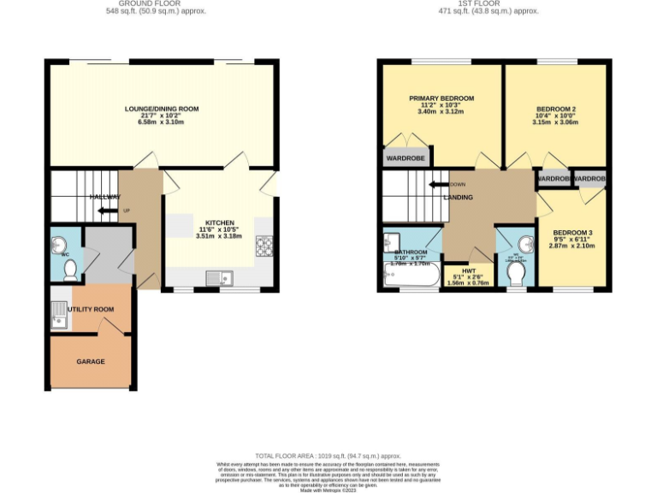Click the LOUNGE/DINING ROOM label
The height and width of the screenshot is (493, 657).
(162, 109)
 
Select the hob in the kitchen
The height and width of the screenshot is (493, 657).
(263, 246)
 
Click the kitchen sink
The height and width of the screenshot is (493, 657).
(219, 276)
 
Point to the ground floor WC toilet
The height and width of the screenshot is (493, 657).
(71, 270)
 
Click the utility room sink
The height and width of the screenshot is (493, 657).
(60, 320)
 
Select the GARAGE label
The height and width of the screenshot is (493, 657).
(91, 361)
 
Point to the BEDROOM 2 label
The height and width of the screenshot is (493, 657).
(555, 109)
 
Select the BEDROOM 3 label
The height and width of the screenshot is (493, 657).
(572, 233)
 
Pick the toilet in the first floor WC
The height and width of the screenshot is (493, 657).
(515, 273)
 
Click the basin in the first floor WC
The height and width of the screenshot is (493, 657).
(524, 241)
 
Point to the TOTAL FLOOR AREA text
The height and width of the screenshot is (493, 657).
(328, 456)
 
